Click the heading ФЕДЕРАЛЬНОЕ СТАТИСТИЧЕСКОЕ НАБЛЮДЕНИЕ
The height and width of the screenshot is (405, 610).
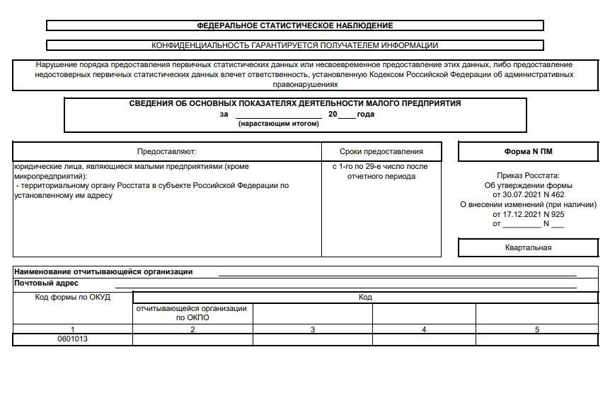point(294,25)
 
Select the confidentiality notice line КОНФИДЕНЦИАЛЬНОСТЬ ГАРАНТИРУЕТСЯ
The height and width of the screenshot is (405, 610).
point(294,45)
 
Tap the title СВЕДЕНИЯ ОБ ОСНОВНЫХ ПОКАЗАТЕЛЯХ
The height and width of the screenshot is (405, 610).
point(294,103)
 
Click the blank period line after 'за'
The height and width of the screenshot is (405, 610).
point(278,115)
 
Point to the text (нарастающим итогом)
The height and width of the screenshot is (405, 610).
point(278,124)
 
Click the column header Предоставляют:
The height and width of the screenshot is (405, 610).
point(166,151)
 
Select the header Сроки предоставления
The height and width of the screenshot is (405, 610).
point(381,151)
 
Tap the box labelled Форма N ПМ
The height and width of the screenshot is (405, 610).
point(528,151)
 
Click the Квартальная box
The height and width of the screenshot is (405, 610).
point(528,247)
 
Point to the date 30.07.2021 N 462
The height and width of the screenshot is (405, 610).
point(528,194)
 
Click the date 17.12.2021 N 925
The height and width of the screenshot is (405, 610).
point(528,214)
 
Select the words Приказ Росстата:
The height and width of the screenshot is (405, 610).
point(528,175)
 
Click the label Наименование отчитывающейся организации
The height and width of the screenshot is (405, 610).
point(103,271)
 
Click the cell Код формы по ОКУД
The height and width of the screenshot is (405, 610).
point(73,297)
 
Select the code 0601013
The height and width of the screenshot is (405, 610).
point(73,339)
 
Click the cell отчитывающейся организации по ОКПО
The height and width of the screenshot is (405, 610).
point(192,313)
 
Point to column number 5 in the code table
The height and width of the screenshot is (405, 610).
point(537,329)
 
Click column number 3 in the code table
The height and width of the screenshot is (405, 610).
point(313,329)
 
